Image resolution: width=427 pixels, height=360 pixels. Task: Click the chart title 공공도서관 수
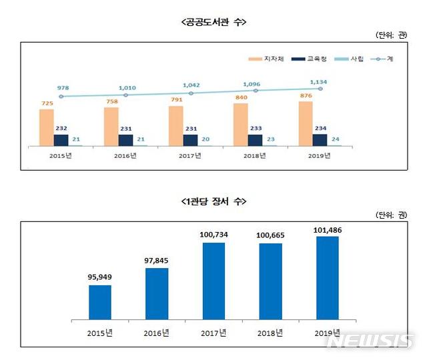[213, 22]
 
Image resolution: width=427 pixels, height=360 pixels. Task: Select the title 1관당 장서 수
[213, 200]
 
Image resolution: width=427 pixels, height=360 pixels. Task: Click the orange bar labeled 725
[46, 127]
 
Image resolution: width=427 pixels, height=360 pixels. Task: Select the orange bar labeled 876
[305, 123]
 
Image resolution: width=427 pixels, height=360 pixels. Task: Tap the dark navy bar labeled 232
[61, 140]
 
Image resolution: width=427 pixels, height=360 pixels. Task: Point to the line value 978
[61, 86]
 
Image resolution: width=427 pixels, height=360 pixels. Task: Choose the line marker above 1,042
[191, 93]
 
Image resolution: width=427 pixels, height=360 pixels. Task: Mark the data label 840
[240, 97]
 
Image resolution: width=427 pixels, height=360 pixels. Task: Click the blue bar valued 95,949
[99, 303]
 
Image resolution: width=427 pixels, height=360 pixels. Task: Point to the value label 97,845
[156, 261]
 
